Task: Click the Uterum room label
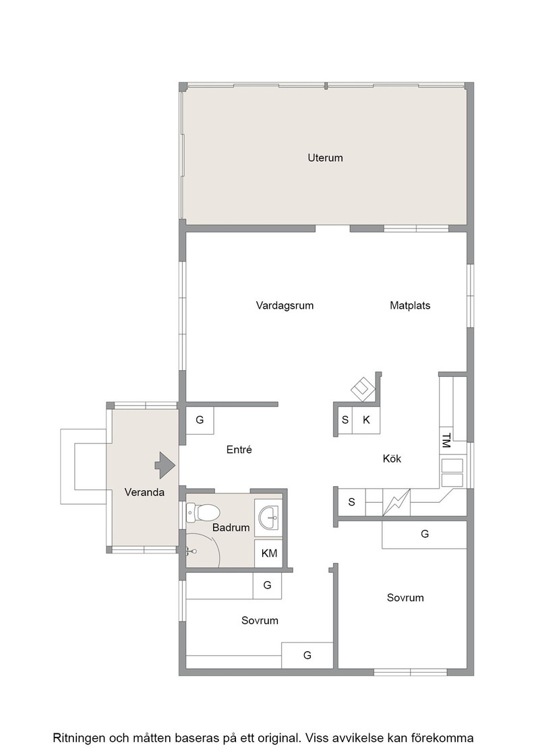click(325, 158)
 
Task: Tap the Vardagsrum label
click(285, 306)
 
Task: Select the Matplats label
click(410, 305)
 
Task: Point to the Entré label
click(239, 450)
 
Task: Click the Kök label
click(392, 459)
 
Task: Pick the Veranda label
click(144, 492)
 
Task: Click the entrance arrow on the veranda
click(165, 466)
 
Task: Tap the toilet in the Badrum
click(203, 512)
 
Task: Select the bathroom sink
click(268, 518)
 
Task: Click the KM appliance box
click(268, 553)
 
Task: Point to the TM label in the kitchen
click(446, 441)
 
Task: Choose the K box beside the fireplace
click(366, 420)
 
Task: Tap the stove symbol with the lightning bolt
click(396, 503)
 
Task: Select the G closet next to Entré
click(200, 421)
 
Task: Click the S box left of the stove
click(351, 502)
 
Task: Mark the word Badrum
click(231, 528)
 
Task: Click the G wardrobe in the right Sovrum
click(425, 535)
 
